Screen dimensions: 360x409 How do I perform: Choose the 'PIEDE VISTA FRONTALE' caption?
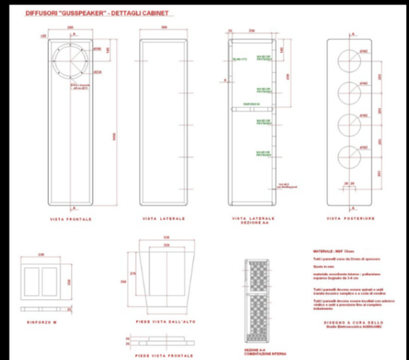[159, 355]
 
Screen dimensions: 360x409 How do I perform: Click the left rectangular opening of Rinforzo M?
[32, 282]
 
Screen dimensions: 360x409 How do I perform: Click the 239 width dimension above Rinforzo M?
[41, 254]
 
